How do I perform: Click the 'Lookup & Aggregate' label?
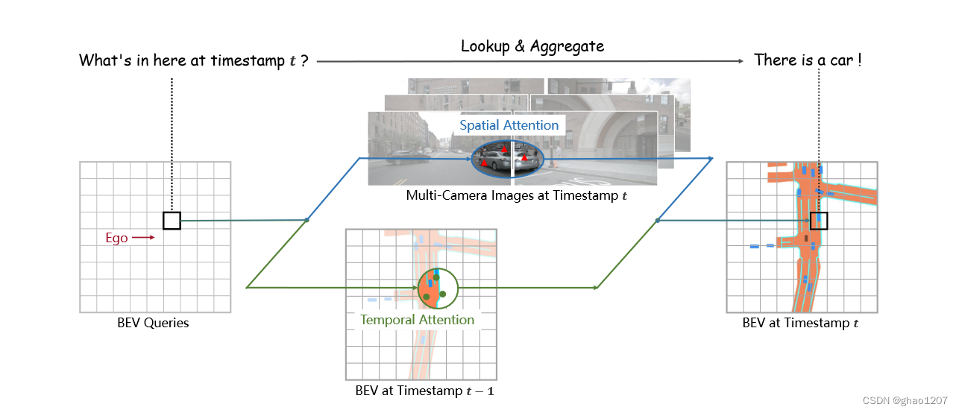coord(532,46)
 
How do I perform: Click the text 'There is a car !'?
coord(808,60)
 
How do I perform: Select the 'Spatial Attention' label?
coord(509,125)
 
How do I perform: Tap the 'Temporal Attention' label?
coord(417,320)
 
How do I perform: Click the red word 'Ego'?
coord(116,239)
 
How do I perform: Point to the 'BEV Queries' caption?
coord(153,324)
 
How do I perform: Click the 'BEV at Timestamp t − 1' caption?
coord(424,391)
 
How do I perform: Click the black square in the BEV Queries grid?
coord(172,221)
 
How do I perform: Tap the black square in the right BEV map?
coord(819,221)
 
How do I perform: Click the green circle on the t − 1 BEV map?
coord(437,289)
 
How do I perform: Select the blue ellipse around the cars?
coord(509,160)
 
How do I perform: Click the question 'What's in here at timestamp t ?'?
coord(194,61)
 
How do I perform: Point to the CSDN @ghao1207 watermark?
coord(906,400)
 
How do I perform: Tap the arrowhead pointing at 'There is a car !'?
coord(742,61)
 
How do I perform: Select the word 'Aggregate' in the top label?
coord(567,46)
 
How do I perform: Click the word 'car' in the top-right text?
coord(841,60)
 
